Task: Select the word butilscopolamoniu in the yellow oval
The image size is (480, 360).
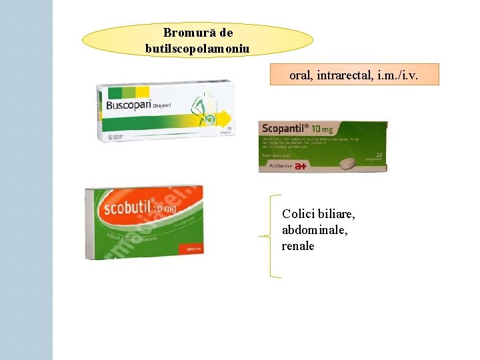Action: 197,48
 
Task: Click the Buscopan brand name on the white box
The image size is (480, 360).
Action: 129,105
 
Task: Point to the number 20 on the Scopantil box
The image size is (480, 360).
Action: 377,155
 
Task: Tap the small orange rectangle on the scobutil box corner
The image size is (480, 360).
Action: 187,249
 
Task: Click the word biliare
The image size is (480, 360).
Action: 331,215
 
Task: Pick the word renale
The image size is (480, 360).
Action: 297,245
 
